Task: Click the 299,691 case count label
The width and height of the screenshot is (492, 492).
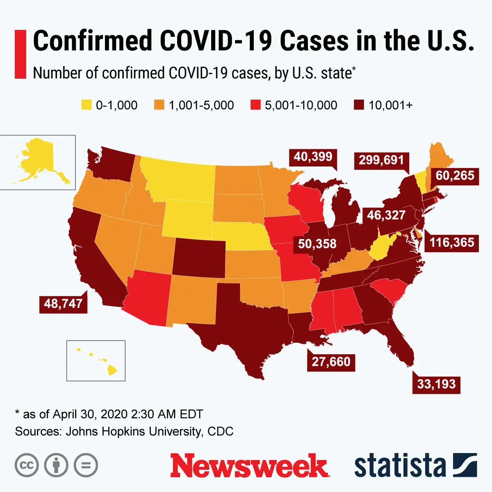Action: pos(381,160)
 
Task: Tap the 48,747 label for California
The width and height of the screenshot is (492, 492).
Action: pos(63,303)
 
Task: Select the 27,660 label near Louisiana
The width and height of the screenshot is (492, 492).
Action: pos(331,362)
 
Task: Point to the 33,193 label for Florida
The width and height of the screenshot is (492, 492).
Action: pos(436,384)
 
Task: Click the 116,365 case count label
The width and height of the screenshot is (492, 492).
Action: pos(451,242)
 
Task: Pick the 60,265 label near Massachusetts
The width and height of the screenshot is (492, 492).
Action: pos(455,175)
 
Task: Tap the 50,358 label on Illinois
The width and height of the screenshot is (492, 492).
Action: pos(317,244)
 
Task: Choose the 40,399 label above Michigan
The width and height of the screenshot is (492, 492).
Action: pos(313,157)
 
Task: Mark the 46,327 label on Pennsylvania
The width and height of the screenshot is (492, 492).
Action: pos(386,215)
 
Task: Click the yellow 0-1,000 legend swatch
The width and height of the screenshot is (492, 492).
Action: pos(87,105)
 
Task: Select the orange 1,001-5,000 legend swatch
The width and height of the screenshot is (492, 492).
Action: pos(159,105)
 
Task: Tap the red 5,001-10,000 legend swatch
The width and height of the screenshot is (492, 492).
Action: pos(255,105)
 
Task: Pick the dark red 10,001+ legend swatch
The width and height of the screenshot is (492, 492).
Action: pos(359,105)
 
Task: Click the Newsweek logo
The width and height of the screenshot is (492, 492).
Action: pos(249,465)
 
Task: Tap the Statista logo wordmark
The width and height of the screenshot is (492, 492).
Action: pos(400,466)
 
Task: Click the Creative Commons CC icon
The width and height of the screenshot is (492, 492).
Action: pos(27,465)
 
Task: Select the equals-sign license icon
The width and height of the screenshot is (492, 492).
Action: pos(86,465)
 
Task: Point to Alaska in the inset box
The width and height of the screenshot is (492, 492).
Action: pos(37,160)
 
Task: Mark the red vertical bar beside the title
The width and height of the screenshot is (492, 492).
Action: pos(20,54)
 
